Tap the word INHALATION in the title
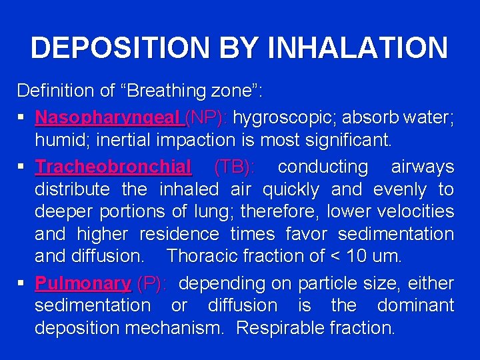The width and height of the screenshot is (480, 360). coord(357,48)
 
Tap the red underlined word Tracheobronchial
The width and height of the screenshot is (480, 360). coord(113,167)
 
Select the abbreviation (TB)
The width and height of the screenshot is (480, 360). coord(233,167)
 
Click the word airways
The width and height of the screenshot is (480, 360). coord(422,167)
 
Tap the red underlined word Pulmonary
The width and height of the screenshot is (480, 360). coord(83,283)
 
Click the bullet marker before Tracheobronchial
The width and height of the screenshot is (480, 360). coord(22,167)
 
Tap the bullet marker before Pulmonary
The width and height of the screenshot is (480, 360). coord(22,283)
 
